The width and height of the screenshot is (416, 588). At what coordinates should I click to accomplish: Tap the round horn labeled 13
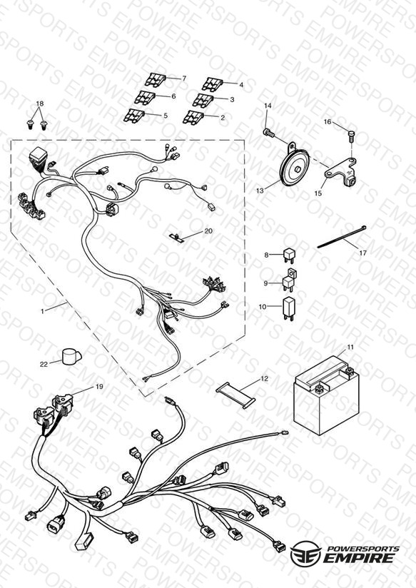[x=295, y=168]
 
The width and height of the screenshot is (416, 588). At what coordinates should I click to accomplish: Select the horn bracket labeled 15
[x=340, y=172]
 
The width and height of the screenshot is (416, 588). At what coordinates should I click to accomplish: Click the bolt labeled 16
[x=352, y=136]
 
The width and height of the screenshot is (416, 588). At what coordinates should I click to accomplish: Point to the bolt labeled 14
[x=268, y=133]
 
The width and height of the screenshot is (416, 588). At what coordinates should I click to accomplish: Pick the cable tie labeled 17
[x=341, y=237]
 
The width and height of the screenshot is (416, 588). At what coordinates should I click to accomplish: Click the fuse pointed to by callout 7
[x=156, y=80]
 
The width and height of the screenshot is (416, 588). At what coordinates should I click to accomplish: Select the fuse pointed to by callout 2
[x=193, y=117]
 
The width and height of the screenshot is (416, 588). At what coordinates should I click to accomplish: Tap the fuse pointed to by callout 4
[x=213, y=84]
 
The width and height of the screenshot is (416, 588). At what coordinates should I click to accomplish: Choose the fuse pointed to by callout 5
[x=134, y=116]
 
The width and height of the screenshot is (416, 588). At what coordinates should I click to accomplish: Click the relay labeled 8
[x=289, y=255]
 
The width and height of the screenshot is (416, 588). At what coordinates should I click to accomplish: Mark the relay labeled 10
[x=288, y=309]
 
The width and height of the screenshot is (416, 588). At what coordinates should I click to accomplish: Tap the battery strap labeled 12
[x=235, y=395]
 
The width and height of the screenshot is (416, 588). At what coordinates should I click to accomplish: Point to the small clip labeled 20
[x=176, y=237]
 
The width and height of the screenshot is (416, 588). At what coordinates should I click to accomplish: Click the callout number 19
[x=99, y=387]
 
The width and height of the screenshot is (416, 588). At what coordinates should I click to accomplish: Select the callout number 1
[x=42, y=311]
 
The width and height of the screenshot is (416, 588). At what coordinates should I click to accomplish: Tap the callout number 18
[x=40, y=103]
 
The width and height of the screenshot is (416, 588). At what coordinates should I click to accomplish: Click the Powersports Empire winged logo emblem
[x=305, y=553]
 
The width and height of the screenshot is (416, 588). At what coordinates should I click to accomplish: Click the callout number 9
[x=265, y=283]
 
